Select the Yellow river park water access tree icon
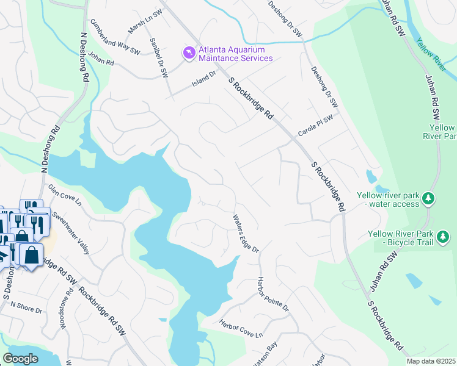click(x=429, y=198)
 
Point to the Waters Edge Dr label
click(x=246, y=233)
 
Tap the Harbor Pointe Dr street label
click(x=272, y=295)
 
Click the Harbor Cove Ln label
click(x=241, y=329)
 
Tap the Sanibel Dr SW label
click(x=159, y=57)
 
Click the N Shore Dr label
click(x=26, y=307)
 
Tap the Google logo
click(x=21, y=359)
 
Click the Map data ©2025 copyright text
click(x=431, y=361)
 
